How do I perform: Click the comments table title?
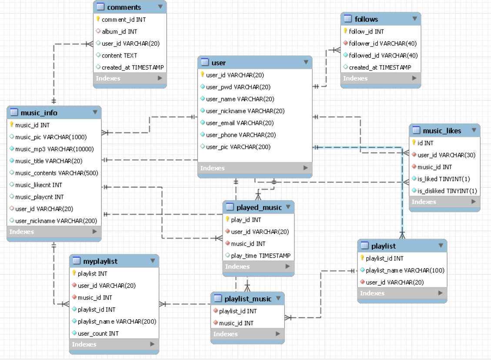click(x=124, y=7)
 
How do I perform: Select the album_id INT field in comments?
click(x=119, y=31)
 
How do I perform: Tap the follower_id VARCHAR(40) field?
click(x=383, y=43)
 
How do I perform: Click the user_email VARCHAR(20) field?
click(x=240, y=123)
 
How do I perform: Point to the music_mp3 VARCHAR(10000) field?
click(x=54, y=149)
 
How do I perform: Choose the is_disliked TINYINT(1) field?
click(x=447, y=191)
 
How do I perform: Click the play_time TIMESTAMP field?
click(x=261, y=256)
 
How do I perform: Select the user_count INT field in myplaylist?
click(x=98, y=333)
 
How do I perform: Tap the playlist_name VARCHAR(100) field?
click(x=405, y=270)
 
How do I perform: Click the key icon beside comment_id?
click(x=98, y=19)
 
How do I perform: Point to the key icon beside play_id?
click(x=227, y=219)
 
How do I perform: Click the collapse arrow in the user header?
click(x=306, y=62)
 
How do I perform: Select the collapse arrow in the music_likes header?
click(x=474, y=130)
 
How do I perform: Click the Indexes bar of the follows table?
click(x=381, y=78)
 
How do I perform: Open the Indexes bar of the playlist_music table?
click(x=247, y=334)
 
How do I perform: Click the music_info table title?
click(x=39, y=113)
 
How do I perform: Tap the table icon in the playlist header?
click(x=364, y=246)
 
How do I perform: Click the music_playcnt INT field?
click(x=39, y=197)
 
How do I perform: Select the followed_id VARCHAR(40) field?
click(x=383, y=55)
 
